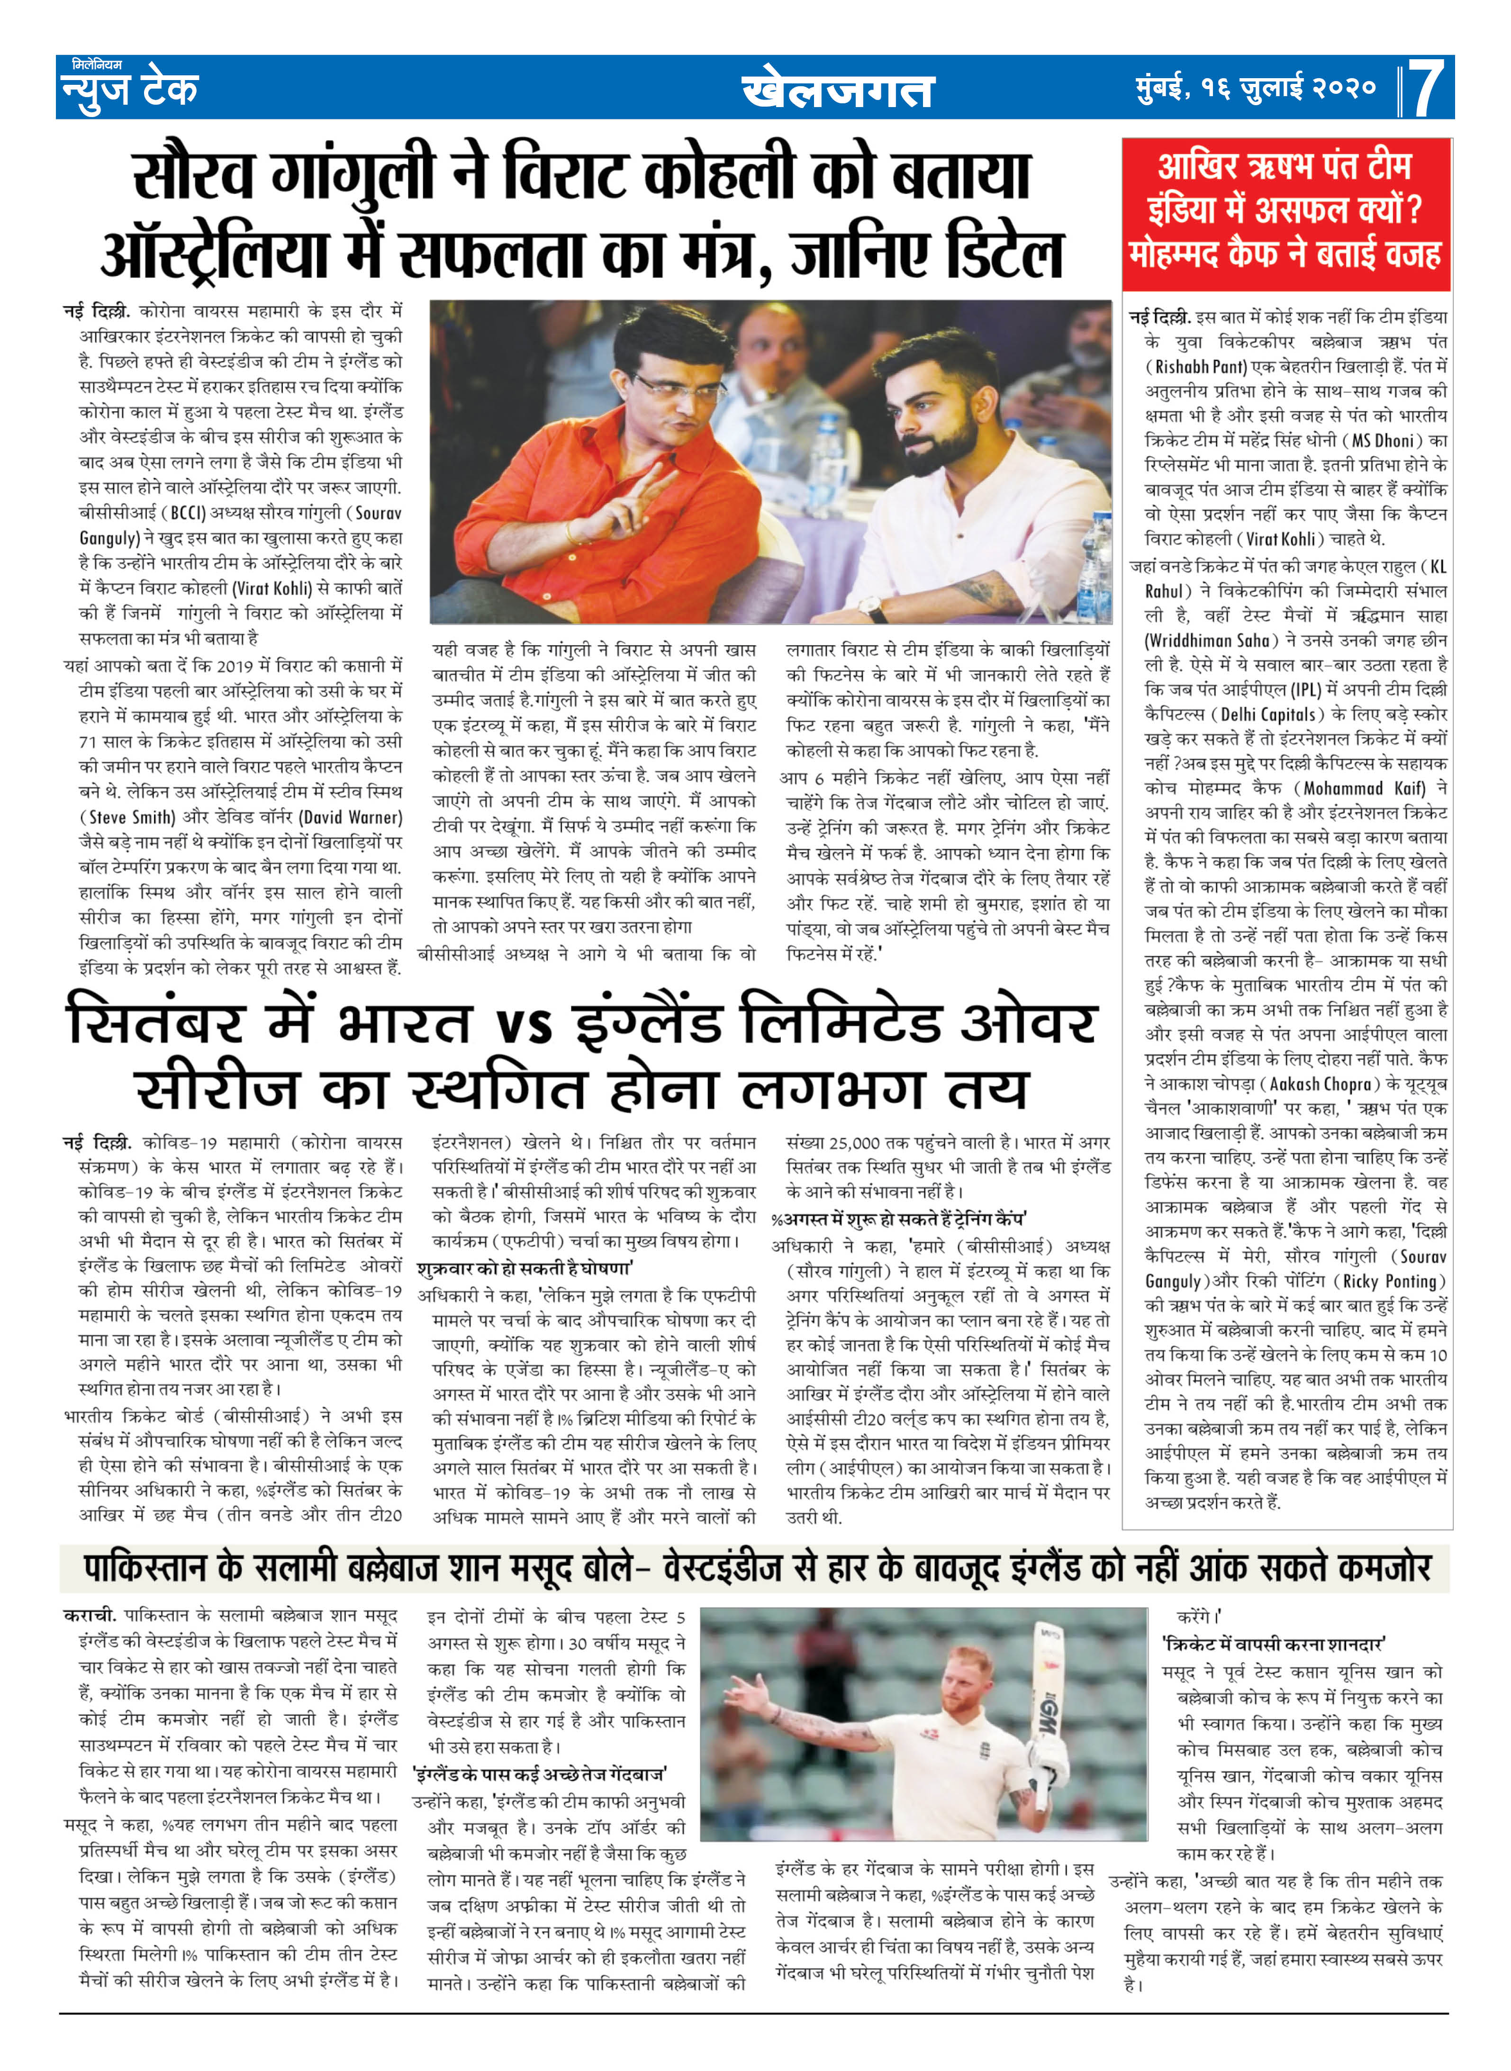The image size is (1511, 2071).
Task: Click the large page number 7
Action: [x=1425, y=89]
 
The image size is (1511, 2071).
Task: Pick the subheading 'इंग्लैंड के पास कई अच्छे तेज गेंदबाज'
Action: [x=540, y=1774]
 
